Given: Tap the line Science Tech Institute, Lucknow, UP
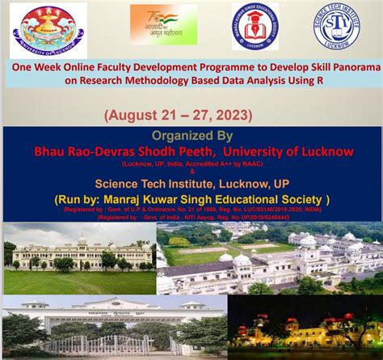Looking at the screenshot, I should tap(191, 183).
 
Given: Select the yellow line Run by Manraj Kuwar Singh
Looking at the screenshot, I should tap(191, 198).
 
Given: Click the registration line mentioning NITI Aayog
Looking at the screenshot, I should tap(191, 217).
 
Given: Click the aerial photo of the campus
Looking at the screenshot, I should tap(269, 257).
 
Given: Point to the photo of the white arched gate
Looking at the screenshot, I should tap(113, 328).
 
